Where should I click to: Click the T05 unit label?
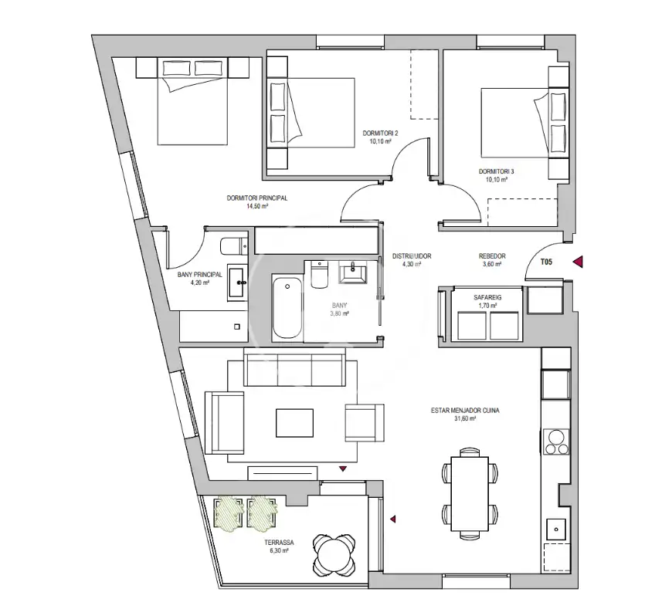coord(546,262)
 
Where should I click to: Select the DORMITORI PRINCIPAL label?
coord(257,198)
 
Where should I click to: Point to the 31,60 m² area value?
coord(465,418)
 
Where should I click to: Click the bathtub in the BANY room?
coord(287,308)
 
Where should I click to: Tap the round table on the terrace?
coord(334,554)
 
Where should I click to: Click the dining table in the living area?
coord(470,493)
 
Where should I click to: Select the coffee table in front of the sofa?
coord(294,423)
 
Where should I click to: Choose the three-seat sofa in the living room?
coord(294,367)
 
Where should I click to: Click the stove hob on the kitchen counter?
coord(556,442)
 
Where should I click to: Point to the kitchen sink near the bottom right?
coord(556,529)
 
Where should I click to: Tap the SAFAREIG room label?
coord(487,297)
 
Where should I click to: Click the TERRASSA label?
coord(279,543)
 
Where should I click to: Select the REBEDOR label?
coord(492,255)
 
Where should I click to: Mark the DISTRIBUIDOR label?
coord(412,255)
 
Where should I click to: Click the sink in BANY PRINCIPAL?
coord(237,283)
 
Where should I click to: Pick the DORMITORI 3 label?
coord(497,171)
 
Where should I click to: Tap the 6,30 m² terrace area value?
coord(279,550)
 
